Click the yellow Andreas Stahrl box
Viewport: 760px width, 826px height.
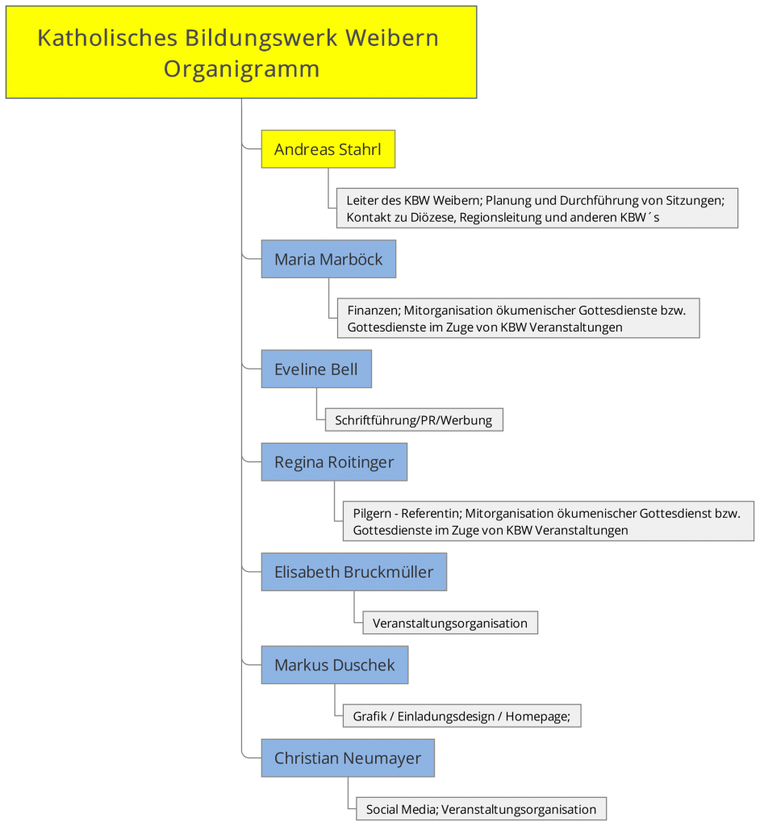[328, 149]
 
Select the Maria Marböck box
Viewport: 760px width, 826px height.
[328, 259]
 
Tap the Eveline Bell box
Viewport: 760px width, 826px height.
[316, 369]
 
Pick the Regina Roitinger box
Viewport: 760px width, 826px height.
[334, 462]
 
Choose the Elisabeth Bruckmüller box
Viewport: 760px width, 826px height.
[353, 572]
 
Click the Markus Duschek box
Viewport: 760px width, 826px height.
[335, 665]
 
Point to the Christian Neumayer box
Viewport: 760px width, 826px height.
[348, 758]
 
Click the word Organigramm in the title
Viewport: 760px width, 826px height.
[241, 69]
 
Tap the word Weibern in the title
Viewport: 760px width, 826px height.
[392, 38]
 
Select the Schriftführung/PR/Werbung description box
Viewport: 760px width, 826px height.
[414, 419]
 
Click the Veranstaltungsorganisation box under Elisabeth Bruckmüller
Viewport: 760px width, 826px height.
[450, 623]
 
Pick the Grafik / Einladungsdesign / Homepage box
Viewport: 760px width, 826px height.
[461, 716]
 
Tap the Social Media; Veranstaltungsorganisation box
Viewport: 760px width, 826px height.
[481, 809]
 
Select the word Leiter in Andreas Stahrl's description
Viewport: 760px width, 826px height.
[362, 200]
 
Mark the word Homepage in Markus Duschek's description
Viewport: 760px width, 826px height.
[537, 716]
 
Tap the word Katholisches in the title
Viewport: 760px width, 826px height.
[107, 38]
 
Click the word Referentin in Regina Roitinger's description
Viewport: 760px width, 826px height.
[432, 514]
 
